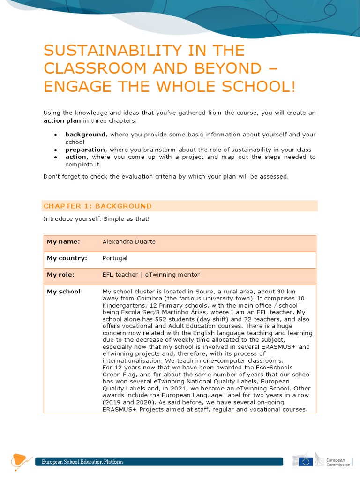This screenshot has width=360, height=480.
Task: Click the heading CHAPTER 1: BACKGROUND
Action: [x=97, y=206]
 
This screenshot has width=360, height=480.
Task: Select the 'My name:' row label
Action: [x=64, y=242]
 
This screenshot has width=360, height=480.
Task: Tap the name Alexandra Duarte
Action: [x=129, y=242]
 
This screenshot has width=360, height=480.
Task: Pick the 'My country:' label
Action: [x=67, y=258]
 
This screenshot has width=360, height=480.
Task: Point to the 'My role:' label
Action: [x=61, y=275]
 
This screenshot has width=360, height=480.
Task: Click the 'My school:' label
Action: [x=65, y=292]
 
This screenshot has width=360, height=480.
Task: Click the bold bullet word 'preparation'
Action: [x=85, y=150]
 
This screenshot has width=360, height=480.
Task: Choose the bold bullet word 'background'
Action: [x=85, y=135]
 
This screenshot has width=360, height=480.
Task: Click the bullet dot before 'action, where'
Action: [x=55, y=157]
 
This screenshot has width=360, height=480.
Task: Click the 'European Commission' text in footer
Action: [x=338, y=462]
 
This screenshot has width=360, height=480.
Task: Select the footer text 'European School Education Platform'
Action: [x=82, y=462]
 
